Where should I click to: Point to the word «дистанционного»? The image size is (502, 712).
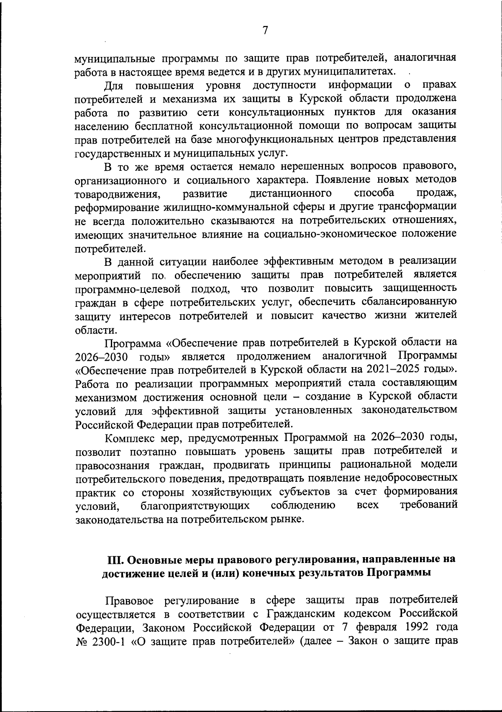pyautogui.click(x=290, y=193)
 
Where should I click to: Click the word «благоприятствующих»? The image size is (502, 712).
pyautogui.click(x=195, y=505)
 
